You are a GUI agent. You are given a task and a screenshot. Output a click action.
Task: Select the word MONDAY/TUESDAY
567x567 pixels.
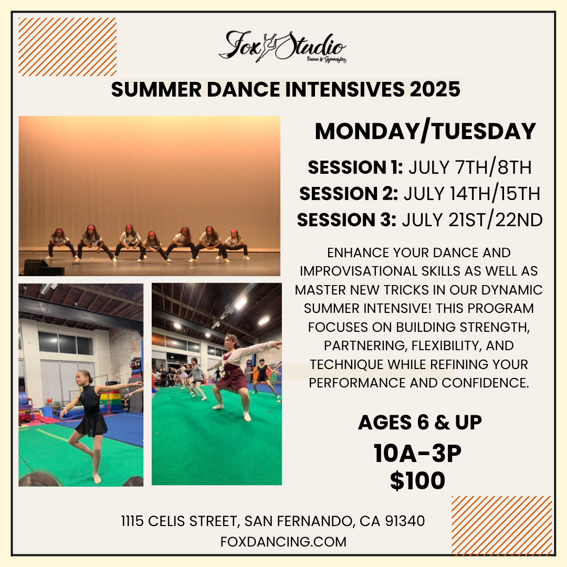(x=425, y=131)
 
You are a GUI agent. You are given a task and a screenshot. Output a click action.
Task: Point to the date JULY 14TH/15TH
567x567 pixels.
(x=471, y=194)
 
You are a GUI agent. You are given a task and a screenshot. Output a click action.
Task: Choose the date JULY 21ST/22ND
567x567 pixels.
(x=472, y=220)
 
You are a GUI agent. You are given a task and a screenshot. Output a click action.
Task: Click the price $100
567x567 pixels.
(x=417, y=481)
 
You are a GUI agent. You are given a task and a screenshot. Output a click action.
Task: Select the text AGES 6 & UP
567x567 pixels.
(x=419, y=422)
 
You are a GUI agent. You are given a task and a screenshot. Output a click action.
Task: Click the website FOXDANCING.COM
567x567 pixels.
(x=283, y=542)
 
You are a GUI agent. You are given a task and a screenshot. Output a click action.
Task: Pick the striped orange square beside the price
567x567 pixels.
(x=501, y=526)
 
